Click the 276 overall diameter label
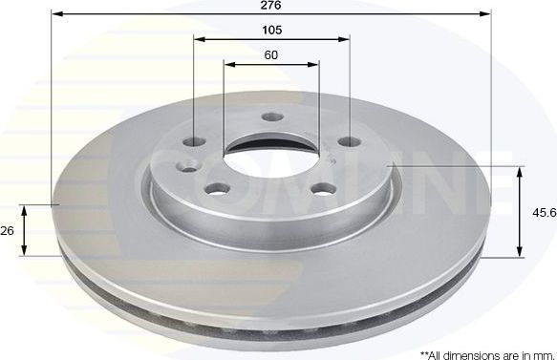point(270,5)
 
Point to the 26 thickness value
point(8,230)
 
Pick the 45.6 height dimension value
point(545,213)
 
